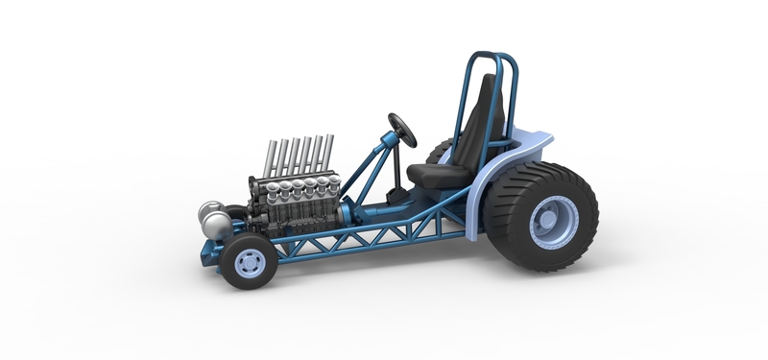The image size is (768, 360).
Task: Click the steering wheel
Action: click(402, 130)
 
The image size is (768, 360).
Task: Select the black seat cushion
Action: click(432, 174)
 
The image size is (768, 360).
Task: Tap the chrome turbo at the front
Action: click(213, 221)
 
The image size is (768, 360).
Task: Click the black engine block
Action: click(288, 216)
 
